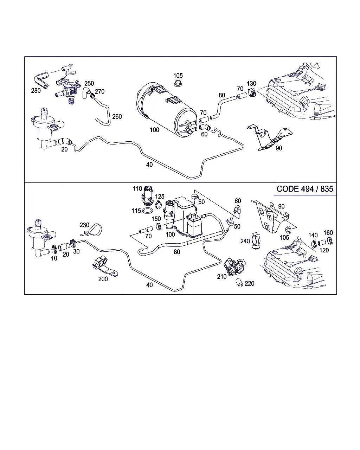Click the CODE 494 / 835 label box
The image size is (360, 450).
click(x=305, y=189)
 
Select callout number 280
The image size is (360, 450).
click(x=36, y=91)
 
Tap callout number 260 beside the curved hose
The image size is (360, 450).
click(x=117, y=116)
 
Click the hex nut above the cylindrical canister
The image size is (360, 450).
click(x=178, y=83)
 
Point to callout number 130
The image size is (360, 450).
click(x=251, y=84)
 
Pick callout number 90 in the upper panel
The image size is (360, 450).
click(x=279, y=148)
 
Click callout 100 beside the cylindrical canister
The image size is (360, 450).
click(x=154, y=130)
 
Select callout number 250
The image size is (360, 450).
click(x=89, y=83)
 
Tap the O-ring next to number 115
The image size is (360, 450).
click(x=147, y=211)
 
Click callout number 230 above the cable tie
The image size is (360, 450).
click(x=84, y=225)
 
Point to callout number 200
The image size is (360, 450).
click(x=103, y=279)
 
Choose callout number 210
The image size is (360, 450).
click(x=222, y=277)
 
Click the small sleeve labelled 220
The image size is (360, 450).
click(x=239, y=283)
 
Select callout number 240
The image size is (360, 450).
click(x=245, y=241)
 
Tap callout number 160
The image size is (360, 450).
click(x=328, y=233)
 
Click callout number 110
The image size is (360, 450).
click(x=137, y=189)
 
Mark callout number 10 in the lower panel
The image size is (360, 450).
click(x=54, y=258)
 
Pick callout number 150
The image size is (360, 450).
click(x=156, y=219)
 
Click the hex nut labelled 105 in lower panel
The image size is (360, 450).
click(x=288, y=230)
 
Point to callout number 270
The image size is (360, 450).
click(x=99, y=92)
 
